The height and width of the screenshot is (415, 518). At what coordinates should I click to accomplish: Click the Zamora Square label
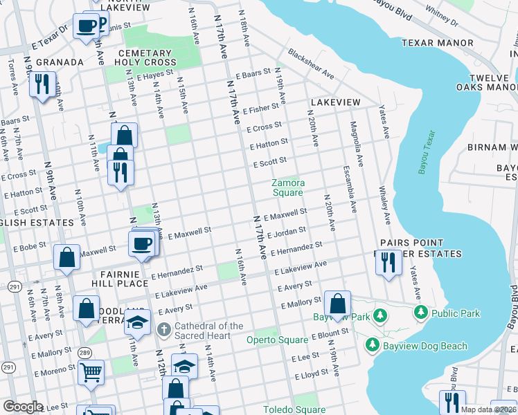[x=287, y=187]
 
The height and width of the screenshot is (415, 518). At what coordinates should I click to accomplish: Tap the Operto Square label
[x=277, y=340]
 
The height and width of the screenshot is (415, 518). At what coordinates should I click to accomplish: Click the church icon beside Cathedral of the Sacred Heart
[x=164, y=329]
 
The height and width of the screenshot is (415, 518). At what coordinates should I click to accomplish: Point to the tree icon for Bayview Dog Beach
[x=372, y=344]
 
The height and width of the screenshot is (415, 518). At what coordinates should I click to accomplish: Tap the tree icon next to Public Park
[x=420, y=313]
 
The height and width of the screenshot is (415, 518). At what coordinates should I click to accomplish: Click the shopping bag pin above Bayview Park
[x=337, y=304]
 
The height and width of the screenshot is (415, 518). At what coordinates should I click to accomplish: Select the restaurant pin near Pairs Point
[x=388, y=263]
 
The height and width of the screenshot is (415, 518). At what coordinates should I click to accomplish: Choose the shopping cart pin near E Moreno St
[x=91, y=372]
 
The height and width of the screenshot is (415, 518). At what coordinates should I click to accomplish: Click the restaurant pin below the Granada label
[x=42, y=85]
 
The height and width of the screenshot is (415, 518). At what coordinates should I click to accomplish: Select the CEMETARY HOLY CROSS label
[x=145, y=57]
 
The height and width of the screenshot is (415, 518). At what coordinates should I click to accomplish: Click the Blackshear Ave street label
[x=311, y=65]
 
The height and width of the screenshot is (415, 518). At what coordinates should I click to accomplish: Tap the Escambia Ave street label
[x=348, y=188]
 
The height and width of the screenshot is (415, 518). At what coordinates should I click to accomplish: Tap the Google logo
[x=23, y=406]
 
